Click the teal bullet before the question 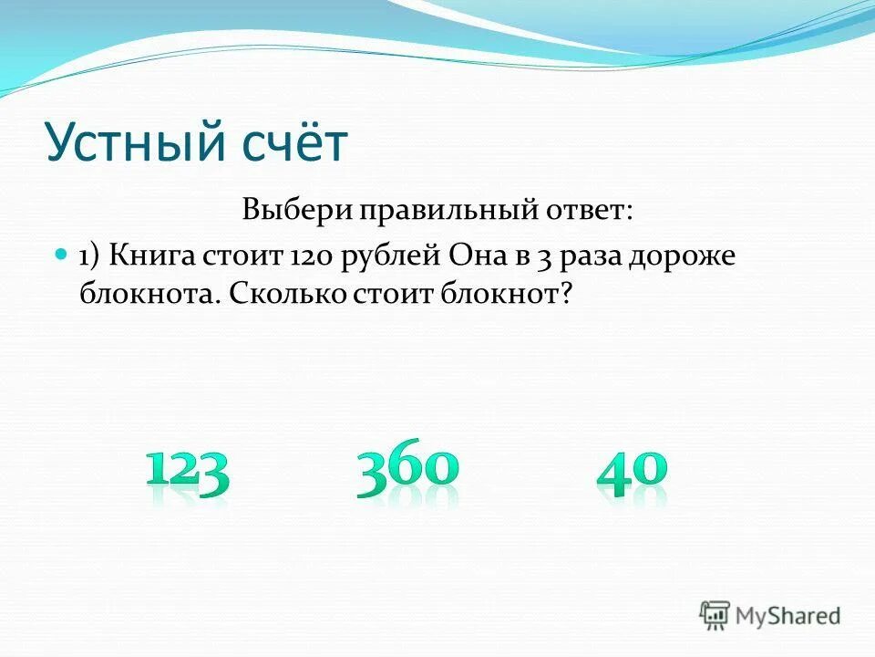pyautogui.click(x=62, y=254)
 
